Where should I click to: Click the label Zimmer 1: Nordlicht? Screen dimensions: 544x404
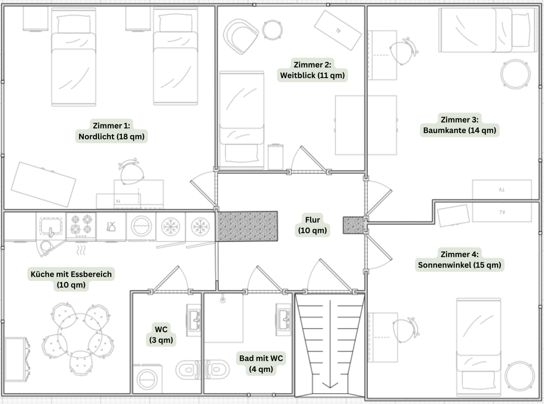point(111,131)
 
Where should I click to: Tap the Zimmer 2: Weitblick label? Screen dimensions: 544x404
point(312,70)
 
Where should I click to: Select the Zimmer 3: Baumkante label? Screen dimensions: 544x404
point(459,125)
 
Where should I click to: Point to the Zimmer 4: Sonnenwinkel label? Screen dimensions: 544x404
point(459,260)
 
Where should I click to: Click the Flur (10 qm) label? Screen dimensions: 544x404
point(312,225)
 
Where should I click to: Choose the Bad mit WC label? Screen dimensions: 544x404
point(261,363)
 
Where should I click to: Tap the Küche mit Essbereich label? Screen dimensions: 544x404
point(71,279)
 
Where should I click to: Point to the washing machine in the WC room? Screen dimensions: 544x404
point(147,379)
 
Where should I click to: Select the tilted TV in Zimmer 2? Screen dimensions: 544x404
point(338,30)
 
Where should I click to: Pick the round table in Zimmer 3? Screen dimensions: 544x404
point(515,74)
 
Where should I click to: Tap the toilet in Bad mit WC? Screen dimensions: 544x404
point(217,370)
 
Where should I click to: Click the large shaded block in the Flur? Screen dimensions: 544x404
point(247,226)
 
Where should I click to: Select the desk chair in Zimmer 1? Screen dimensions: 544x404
point(131,172)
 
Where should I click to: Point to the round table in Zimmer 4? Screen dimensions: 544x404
point(520,376)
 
